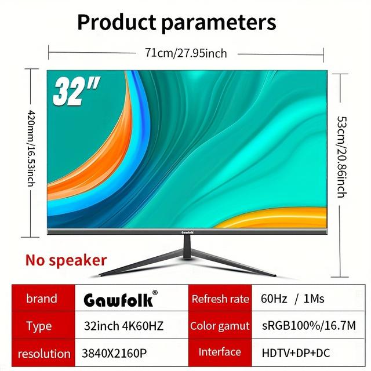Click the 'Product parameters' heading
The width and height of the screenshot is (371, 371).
point(176,23)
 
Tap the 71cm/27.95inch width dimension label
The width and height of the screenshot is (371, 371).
point(185,53)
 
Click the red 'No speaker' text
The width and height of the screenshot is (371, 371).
point(66,260)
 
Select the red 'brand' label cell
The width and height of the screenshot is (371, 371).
point(41,299)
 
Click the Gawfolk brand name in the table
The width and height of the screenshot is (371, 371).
point(119,300)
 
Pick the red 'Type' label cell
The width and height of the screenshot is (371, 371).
point(39,326)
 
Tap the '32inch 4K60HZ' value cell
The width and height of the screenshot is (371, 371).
point(123,326)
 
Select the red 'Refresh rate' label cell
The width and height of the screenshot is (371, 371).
point(220,299)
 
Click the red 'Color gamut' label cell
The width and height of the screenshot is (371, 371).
point(220,326)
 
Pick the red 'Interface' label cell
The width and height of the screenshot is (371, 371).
point(220,352)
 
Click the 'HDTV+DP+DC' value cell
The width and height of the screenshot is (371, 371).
point(297,352)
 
